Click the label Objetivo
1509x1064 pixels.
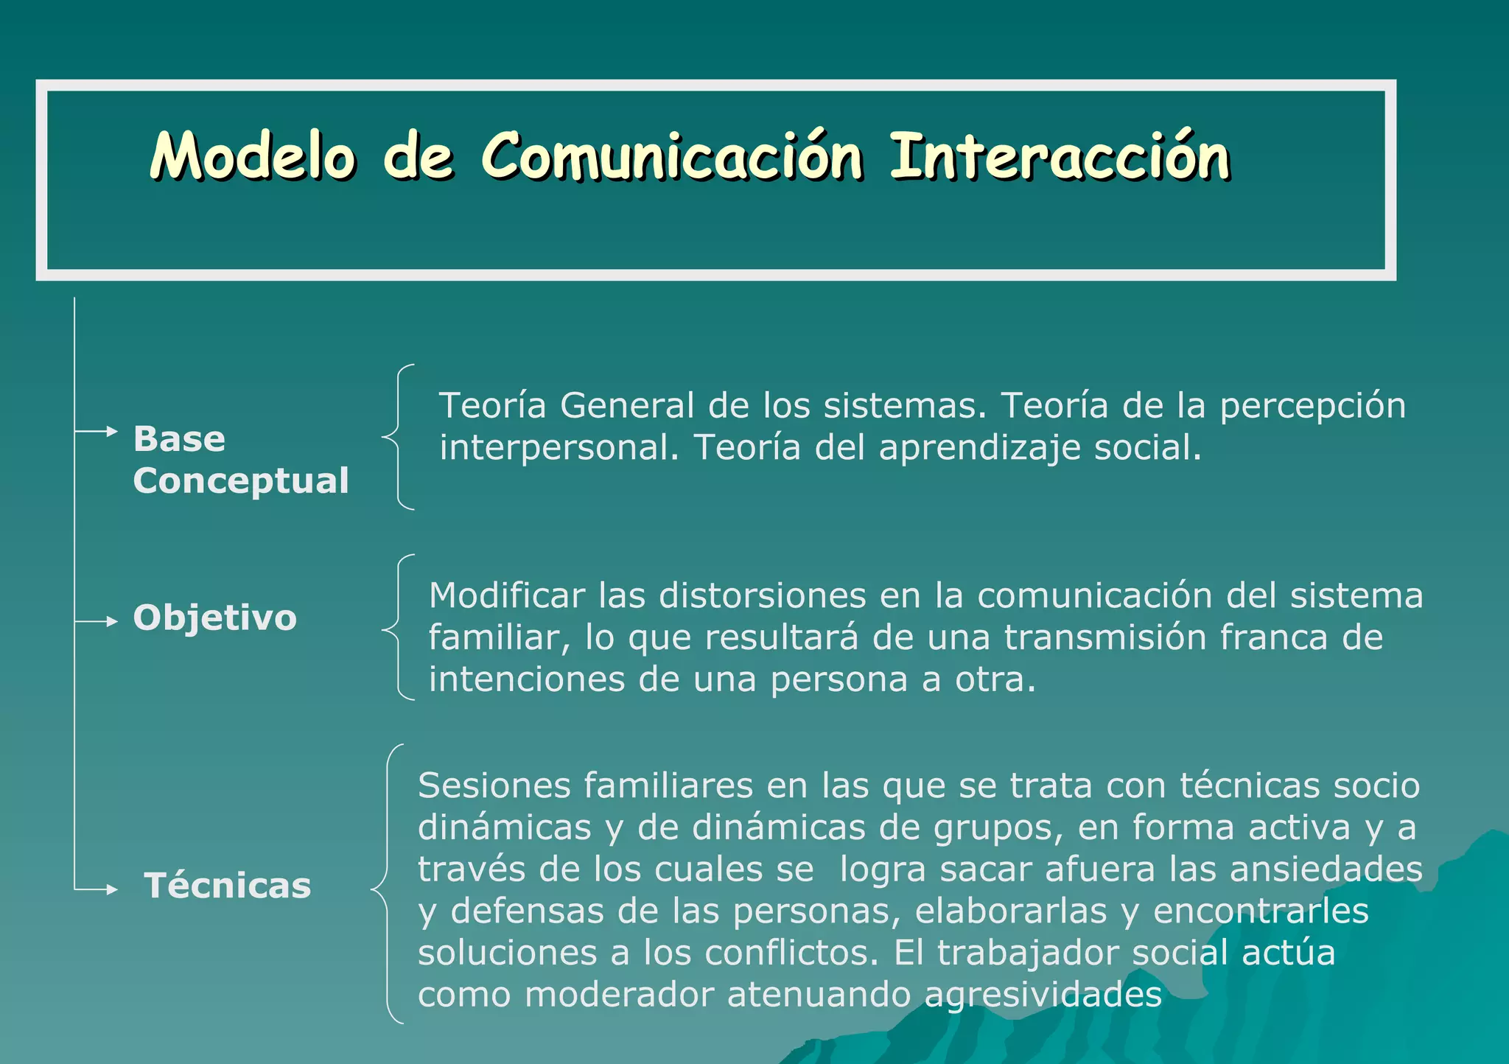214,617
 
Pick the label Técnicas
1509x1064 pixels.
228,886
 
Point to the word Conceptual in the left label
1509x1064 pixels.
241,480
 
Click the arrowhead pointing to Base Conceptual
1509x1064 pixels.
112,431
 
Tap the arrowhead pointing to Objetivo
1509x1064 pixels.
112,622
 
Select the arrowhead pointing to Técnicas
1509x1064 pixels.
112,890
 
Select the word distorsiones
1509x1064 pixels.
762,595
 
